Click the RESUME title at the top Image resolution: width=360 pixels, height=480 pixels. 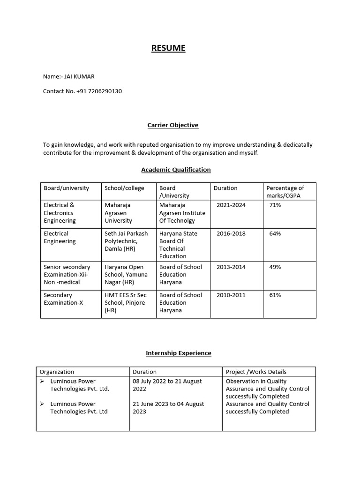(x=168, y=48)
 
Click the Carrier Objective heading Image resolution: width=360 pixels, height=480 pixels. (x=172, y=125)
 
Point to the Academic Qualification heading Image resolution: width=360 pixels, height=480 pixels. (x=176, y=170)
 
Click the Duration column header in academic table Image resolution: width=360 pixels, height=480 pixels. (x=225, y=188)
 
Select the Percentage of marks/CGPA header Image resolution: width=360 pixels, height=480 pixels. (x=285, y=192)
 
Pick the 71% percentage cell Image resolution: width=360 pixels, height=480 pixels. (x=275, y=205)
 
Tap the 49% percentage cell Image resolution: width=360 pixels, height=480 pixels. (x=275, y=267)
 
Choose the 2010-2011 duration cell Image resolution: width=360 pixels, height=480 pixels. (x=231, y=295)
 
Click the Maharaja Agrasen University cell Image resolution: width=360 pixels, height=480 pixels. (x=118, y=213)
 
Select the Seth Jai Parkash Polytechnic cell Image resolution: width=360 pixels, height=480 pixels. (x=126, y=241)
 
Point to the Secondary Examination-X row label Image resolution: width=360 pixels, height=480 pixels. (x=63, y=299)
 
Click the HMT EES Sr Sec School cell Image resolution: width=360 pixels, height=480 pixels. (x=125, y=302)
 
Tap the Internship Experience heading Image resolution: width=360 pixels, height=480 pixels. (x=179, y=353)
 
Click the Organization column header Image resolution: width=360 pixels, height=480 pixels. (x=57, y=372)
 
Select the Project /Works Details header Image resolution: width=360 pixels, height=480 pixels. (x=256, y=372)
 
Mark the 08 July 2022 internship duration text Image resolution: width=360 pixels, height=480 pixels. (x=167, y=385)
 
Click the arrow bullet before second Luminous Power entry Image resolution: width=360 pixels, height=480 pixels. (x=42, y=404)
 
